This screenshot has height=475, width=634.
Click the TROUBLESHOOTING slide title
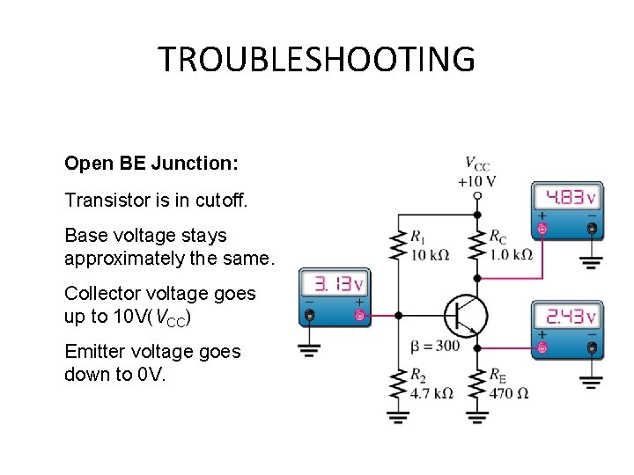click(x=316, y=60)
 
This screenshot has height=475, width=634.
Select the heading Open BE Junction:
click(x=151, y=164)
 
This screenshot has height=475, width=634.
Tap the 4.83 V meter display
click(x=566, y=197)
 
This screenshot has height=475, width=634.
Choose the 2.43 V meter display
click(x=566, y=316)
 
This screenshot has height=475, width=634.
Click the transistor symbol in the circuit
click(x=466, y=316)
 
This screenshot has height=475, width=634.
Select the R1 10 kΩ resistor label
click(x=429, y=246)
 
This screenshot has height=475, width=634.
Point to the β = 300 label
click(x=435, y=346)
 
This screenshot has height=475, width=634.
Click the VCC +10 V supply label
click(x=476, y=172)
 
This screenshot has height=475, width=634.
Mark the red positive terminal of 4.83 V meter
click(x=542, y=229)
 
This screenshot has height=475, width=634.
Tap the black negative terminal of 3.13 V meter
click(x=309, y=315)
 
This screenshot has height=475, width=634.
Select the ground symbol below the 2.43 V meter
click(x=592, y=383)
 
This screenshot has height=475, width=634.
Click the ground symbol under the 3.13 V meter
click(x=309, y=350)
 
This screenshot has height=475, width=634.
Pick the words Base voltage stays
click(x=145, y=236)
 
